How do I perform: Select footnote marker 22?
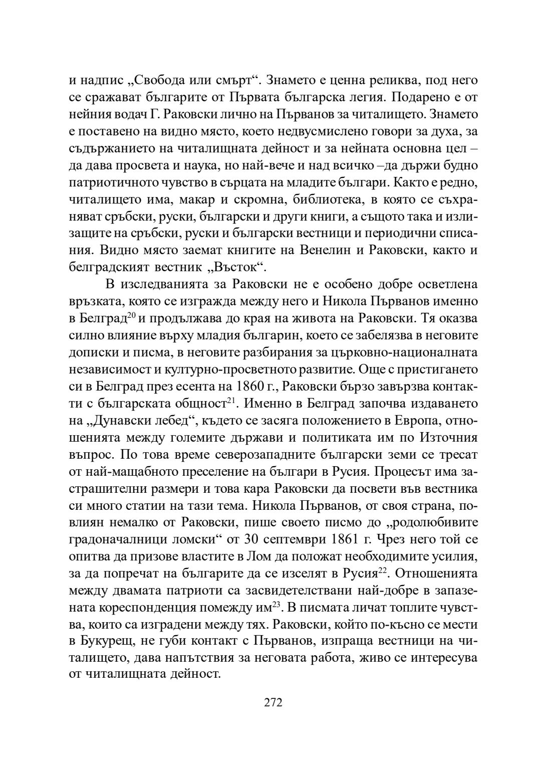click(x=383, y=571)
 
